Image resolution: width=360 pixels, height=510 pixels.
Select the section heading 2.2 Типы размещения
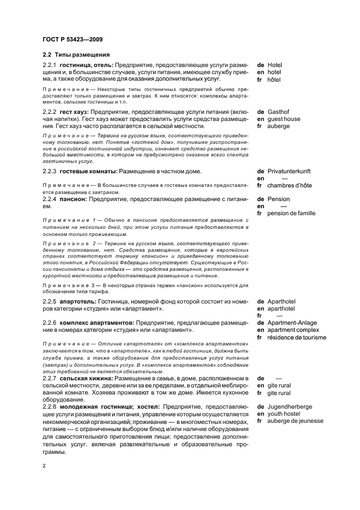pyautogui.click(x=76, y=54)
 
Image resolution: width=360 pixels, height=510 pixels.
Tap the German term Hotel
pyautogui.click(x=275, y=65)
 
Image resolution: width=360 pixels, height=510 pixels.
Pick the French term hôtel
pyautogui.click(x=274, y=79)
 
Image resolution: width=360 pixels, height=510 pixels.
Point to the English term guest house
pyautogui.click(x=284, y=119)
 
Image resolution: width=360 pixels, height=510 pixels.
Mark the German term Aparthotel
pyautogui.click(x=282, y=301)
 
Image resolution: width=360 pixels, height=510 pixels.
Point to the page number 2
pyautogui.click(x=44, y=466)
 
